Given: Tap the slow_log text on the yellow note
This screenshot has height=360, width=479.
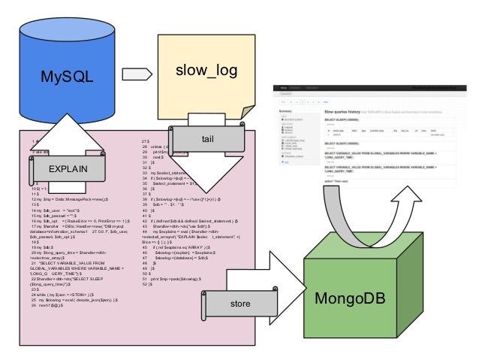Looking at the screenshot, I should click(x=206, y=71).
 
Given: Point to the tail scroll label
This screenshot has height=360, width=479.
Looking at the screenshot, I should click(x=208, y=140).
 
